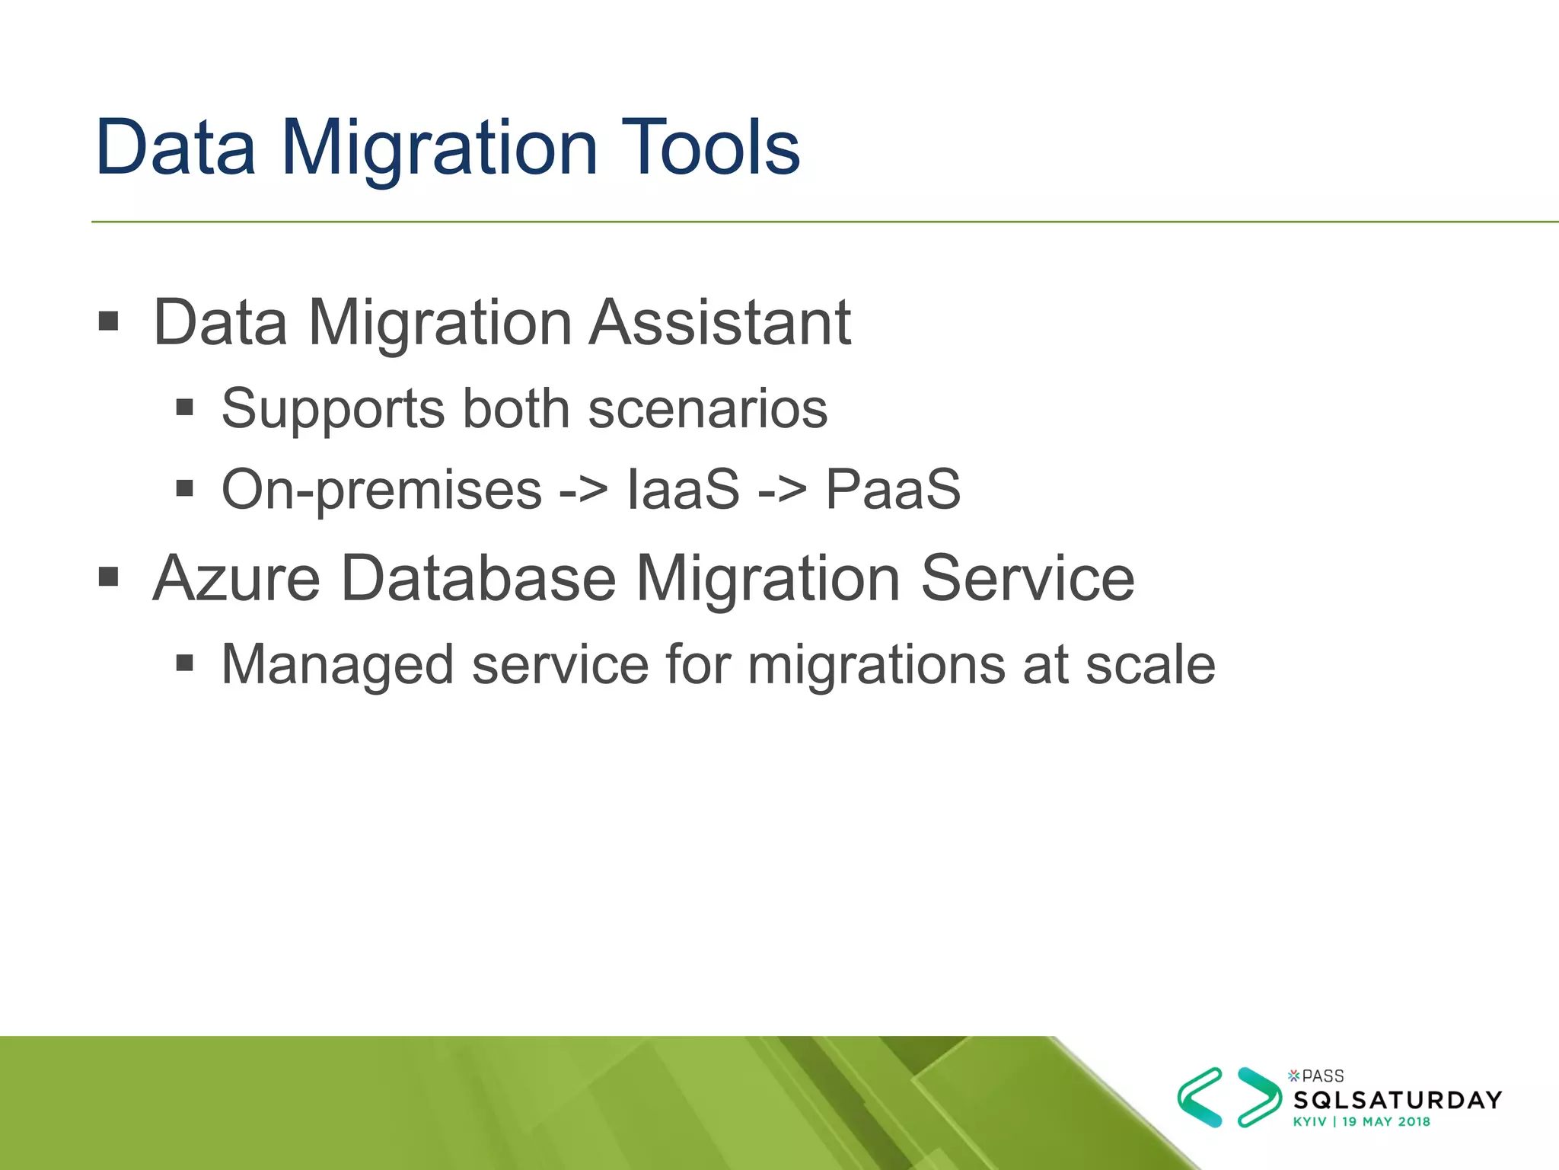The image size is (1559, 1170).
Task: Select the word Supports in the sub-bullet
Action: [x=333, y=410]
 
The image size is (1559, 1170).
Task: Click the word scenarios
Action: [x=707, y=410]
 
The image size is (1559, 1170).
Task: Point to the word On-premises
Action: [x=381, y=490]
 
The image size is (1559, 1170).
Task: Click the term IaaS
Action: [x=683, y=489]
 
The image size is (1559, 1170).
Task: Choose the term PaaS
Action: [x=893, y=489]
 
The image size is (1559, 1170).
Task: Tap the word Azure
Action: [x=237, y=579]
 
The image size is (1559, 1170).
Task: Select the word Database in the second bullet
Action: [x=478, y=579]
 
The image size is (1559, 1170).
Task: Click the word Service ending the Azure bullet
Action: [x=1028, y=579]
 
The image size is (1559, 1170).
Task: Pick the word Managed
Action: [x=338, y=665]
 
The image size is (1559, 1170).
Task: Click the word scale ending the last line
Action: [x=1150, y=665]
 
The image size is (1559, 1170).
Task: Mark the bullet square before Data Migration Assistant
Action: [x=109, y=321]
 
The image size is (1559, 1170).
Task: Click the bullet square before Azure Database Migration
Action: [x=109, y=577]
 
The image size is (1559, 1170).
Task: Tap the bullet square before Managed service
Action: [x=185, y=663]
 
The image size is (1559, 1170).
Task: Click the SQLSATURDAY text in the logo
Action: [x=1398, y=1100]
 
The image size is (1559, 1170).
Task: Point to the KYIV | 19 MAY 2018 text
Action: [x=1361, y=1121]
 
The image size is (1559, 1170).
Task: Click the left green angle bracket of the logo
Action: [x=1199, y=1097]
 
